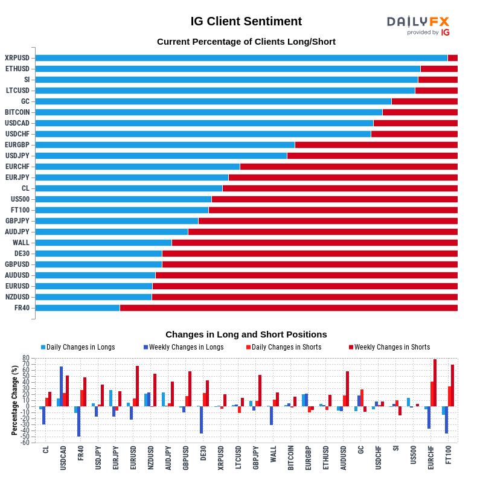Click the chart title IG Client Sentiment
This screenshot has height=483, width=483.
tap(246, 21)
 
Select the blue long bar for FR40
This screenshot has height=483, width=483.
tap(77, 308)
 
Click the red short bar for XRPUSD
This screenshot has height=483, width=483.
tap(452, 58)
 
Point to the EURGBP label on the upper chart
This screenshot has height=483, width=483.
tap(17, 145)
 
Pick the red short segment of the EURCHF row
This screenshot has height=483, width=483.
tap(348, 167)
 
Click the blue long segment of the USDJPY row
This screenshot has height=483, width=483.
tap(161, 156)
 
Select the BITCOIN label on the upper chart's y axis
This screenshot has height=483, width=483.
tap(17, 112)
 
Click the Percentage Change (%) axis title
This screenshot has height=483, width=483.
tap(14, 400)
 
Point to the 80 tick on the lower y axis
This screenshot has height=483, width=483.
tap(26, 358)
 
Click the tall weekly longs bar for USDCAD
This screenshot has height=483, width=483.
tap(61, 386)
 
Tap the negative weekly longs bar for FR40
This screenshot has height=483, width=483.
tap(78, 421)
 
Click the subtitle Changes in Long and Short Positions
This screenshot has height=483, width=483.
tap(246, 334)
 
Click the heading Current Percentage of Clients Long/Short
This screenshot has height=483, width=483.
tap(246, 42)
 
